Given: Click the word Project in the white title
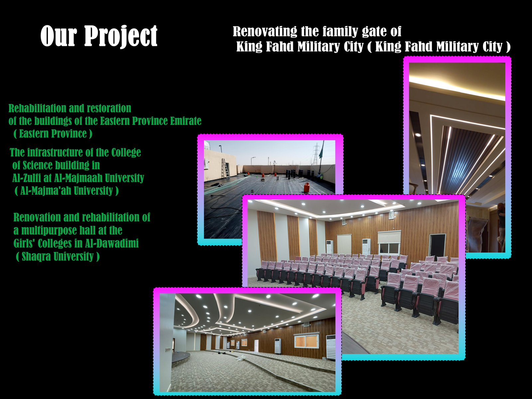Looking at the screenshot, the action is pyautogui.click(x=121, y=36).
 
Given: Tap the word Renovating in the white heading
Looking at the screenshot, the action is pyautogui.click(x=265, y=32).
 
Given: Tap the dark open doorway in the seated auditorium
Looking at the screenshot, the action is pyautogui.click(x=437, y=245).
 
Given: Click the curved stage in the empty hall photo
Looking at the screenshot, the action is pyautogui.click(x=181, y=357).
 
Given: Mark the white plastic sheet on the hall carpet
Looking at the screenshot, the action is pyautogui.click(x=240, y=358).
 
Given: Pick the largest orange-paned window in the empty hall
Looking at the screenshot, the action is pyautogui.click(x=306, y=341).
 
